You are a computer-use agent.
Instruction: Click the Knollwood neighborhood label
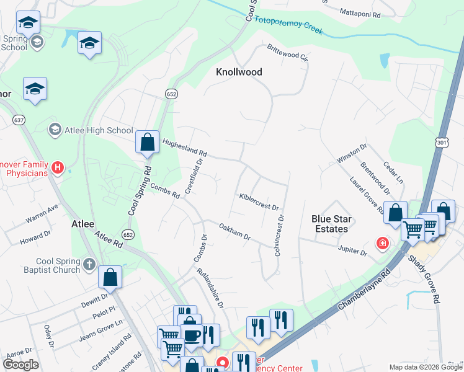coord(239,72)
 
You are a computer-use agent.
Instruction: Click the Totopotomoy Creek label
coord(289,24)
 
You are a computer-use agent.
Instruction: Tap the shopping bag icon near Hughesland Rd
coord(148,142)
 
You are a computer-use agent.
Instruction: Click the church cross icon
coord(89,265)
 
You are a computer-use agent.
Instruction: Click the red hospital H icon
coord(58,167)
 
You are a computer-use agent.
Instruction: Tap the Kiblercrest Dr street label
coord(259,201)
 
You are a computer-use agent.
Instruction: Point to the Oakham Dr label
coord(234,232)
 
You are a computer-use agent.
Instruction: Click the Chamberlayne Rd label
coord(364,290)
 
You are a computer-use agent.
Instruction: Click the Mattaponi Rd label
coord(362,12)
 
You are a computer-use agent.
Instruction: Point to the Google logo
coord(20,365)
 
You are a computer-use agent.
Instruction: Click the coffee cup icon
coord(191,335)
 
